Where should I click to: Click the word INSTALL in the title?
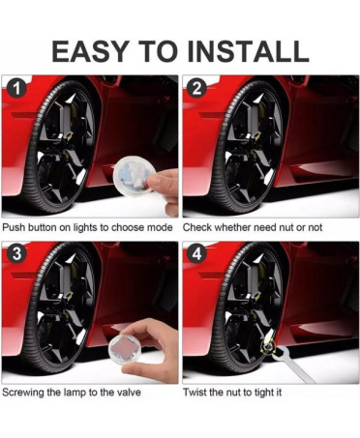pyautogui.click(x=248, y=51)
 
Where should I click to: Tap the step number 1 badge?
pyautogui.click(x=15, y=88)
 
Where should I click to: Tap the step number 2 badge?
pyautogui.click(x=196, y=88)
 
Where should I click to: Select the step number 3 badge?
pyautogui.click(x=15, y=253)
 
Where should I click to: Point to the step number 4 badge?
pyautogui.click(x=196, y=253)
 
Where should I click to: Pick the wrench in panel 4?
pyautogui.click(x=290, y=365)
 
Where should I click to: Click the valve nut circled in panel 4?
pyautogui.click(x=267, y=346)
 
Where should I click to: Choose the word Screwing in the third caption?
pyautogui.click(x=23, y=393)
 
